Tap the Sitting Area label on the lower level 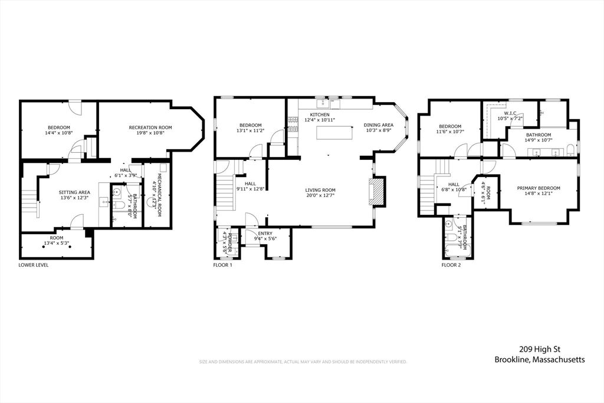[x=74, y=192]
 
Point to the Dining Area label [x=378, y=125]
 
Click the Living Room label [x=320, y=190]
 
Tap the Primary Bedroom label [x=539, y=188]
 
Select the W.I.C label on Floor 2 [x=510, y=113]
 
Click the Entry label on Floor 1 [x=265, y=233]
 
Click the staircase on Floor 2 [x=429, y=194]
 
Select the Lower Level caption [x=34, y=265]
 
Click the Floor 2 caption [x=451, y=265]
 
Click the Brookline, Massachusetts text [x=540, y=360]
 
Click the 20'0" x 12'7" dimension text [x=320, y=196]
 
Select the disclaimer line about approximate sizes [x=303, y=362]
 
